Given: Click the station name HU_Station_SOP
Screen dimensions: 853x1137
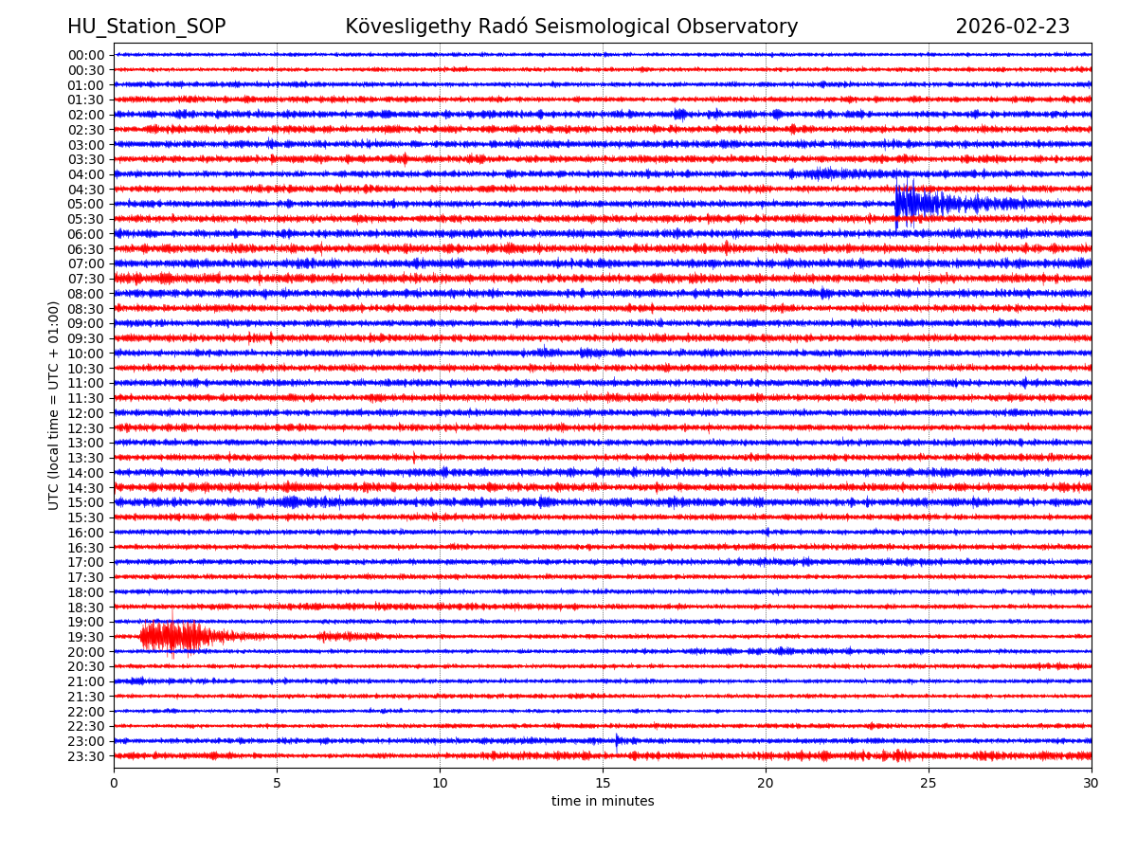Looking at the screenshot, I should (146, 27).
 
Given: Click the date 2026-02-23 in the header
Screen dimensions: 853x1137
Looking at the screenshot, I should (1012, 27).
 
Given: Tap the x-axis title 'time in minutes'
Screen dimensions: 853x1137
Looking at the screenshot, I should (603, 802).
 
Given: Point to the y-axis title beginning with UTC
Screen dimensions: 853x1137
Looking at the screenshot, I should (54, 405).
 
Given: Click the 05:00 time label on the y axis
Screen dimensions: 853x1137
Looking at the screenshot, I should (85, 204).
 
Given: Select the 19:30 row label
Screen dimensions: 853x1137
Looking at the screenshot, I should (85, 637).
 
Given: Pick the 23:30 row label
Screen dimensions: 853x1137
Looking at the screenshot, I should (85, 756).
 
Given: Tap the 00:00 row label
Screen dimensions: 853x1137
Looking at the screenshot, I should (85, 55).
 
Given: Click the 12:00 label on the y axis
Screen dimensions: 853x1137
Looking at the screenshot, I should (85, 413).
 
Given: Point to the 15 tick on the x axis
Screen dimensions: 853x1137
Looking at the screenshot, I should (603, 783).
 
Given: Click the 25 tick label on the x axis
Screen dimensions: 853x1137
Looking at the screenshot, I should (929, 783).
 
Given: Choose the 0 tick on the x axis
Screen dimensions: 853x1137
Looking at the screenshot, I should (114, 783).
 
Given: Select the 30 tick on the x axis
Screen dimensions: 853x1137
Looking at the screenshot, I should (1092, 783).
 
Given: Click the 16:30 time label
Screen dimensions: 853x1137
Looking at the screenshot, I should (85, 548).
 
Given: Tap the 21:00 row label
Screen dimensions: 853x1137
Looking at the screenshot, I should (85, 681).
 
